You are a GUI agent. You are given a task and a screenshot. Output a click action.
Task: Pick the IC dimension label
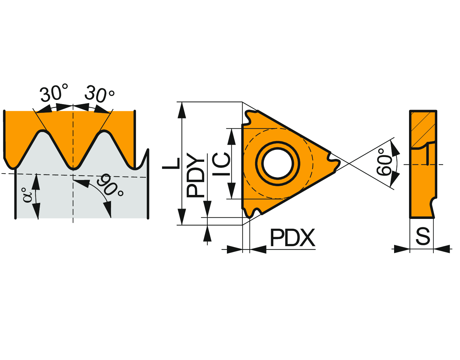click(221, 164)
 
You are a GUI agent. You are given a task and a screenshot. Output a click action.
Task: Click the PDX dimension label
click(292, 238)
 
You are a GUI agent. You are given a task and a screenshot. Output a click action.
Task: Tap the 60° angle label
click(385, 162)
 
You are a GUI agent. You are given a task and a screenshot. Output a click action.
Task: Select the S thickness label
click(423, 236)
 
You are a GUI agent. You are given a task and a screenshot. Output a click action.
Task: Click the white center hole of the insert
click(278, 163)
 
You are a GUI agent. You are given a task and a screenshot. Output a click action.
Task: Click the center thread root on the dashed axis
click(73, 168)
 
